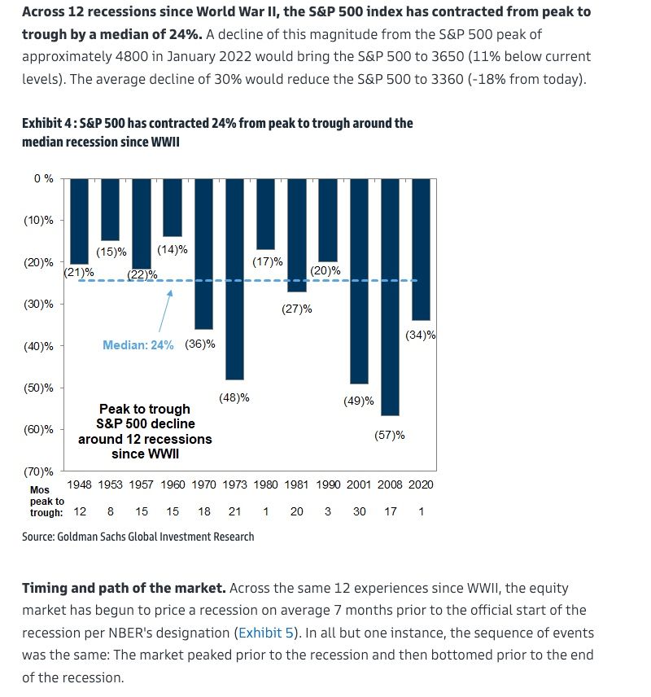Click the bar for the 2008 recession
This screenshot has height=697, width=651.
[390, 296]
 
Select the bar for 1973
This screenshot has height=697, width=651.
[234, 278]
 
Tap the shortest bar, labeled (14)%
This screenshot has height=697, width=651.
[173, 207]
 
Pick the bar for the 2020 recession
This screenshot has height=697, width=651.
[420, 249]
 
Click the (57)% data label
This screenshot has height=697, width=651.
[389, 435]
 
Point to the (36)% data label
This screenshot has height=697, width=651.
[200, 344]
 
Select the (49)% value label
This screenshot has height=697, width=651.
[358, 401]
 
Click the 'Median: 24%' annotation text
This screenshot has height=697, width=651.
[138, 345]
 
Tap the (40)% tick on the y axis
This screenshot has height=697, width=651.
[38, 346]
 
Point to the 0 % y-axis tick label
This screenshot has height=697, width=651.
[43, 178]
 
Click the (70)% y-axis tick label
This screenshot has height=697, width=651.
[38, 471]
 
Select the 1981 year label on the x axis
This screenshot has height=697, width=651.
[297, 484]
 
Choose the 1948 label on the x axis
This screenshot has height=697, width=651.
[79, 484]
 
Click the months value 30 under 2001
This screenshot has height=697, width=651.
[359, 511]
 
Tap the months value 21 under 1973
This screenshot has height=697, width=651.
[234, 511]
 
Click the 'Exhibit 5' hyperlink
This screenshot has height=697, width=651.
[263, 632]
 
